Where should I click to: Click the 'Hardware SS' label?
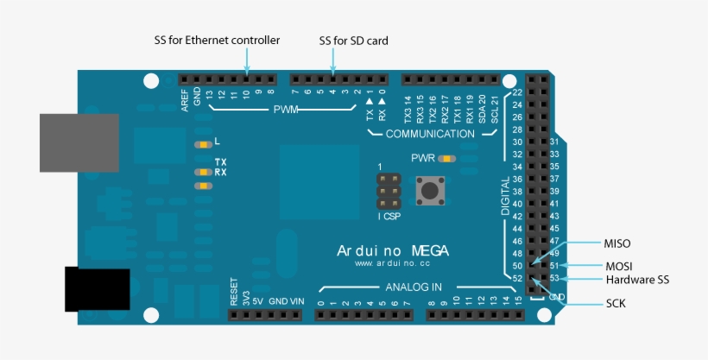click(637, 280)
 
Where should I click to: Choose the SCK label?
click(616, 304)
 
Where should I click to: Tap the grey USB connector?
click(79, 142)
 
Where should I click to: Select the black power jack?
click(97, 289)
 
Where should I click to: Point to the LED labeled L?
click(204, 144)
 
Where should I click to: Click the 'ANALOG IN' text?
click(414, 287)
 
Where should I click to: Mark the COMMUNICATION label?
click(430, 134)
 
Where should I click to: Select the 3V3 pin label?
click(246, 299)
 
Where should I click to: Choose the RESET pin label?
click(234, 294)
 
